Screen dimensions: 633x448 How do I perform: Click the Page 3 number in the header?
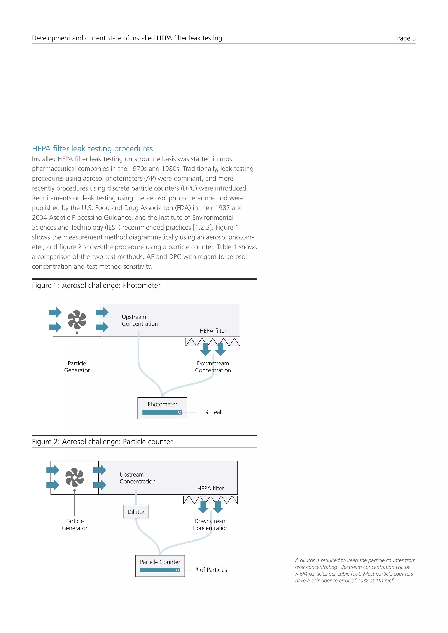pos(406,38)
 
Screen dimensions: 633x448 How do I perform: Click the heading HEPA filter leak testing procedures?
pos(92,149)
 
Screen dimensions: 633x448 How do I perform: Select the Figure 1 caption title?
pos(96,285)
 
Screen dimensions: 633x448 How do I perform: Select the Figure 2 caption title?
pos(102,442)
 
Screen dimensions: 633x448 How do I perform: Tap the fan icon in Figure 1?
pos(77,320)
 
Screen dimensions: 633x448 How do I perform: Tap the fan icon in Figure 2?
pos(74,477)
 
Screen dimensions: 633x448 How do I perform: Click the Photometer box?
pos(162,408)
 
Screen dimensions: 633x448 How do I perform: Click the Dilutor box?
pos(136,512)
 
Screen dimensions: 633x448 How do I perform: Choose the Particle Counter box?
pos(160,566)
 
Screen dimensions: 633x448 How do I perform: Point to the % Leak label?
pos(213,412)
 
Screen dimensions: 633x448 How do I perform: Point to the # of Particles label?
pos(211,570)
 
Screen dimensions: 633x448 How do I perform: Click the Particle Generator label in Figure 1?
pos(77,367)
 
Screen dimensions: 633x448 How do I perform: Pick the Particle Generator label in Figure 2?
pos(74,524)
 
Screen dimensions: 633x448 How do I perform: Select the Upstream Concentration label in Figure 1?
pos(140,320)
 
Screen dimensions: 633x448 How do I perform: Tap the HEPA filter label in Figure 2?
pos(210,488)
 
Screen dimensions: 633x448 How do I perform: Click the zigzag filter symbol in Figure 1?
pos(213,342)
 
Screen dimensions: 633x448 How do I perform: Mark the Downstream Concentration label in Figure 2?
pos(210,524)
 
